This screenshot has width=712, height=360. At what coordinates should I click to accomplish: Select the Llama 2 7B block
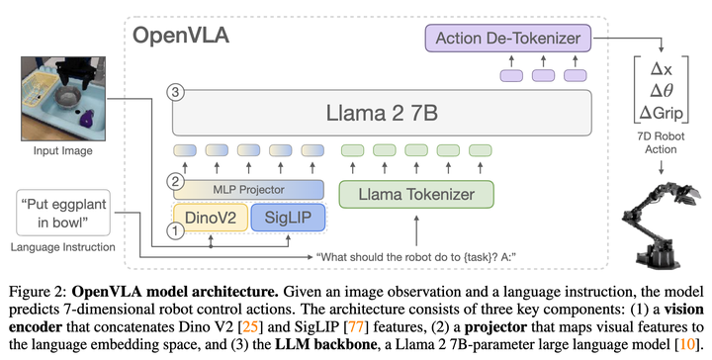[x=381, y=114]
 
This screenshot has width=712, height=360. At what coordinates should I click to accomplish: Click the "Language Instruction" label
[x=61, y=247]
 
